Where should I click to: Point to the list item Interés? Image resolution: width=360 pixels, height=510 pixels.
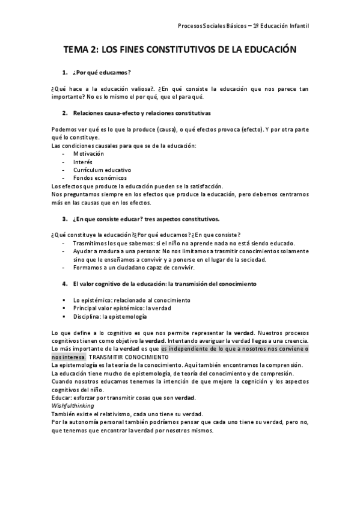(83, 161)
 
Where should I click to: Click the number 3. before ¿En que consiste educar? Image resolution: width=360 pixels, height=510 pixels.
(65, 218)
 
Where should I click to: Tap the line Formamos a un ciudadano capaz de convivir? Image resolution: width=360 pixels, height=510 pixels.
(135, 267)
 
